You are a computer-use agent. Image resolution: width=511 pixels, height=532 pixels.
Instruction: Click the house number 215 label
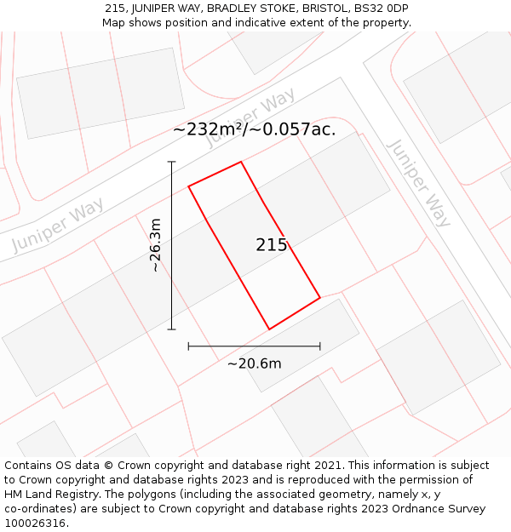tap(272, 245)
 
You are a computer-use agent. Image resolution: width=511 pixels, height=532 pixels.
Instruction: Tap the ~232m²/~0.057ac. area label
tap(254, 129)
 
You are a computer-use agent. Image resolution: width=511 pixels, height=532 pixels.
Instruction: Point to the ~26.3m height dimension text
tap(155, 245)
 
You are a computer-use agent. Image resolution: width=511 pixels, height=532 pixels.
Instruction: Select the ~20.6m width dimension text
tap(254, 363)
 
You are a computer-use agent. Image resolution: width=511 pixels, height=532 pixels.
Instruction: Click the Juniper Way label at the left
tap(58, 225)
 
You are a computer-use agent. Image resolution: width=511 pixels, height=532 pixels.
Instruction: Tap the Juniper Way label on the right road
tap(418, 182)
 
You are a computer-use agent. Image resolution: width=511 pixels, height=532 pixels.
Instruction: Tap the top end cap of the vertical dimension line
tap(171, 162)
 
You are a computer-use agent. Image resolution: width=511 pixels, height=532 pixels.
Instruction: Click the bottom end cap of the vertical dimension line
tap(171, 329)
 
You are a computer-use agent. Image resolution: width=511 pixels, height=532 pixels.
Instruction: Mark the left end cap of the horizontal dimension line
tap(188, 346)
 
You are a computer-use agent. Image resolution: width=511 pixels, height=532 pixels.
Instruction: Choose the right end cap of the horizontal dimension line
tap(320, 346)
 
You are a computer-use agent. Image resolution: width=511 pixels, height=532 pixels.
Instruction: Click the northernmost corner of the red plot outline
tap(241, 162)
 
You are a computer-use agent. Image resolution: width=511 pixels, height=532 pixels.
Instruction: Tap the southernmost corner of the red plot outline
tap(269, 329)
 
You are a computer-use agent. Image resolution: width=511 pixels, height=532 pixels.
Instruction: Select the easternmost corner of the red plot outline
tap(320, 298)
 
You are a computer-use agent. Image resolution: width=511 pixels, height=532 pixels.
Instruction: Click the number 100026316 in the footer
tap(35, 523)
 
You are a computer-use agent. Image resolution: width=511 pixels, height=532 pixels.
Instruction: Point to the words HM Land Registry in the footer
tap(47, 495)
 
